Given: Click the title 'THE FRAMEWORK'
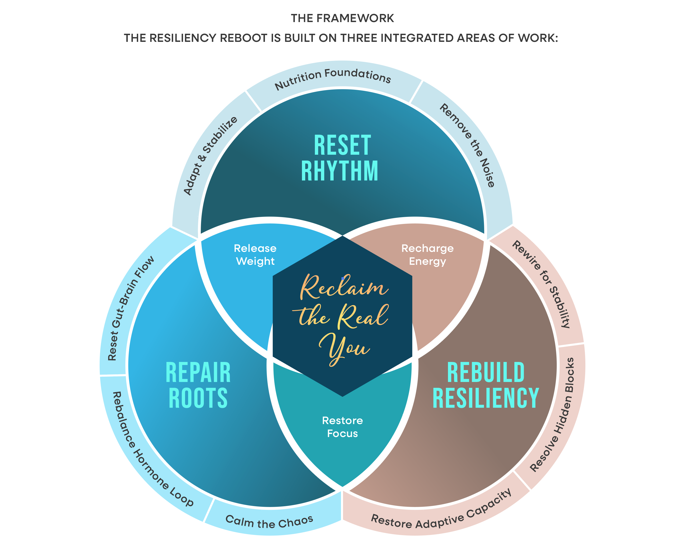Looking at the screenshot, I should tap(342, 18).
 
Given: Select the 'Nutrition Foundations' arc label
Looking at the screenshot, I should tap(333, 78).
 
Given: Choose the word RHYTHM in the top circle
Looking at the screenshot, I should tap(340, 171).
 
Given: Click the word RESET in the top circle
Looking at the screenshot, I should tap(342, 145).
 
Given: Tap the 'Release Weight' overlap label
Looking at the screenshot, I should tap(255, 255).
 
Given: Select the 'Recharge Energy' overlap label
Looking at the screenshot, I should tap(427, 255).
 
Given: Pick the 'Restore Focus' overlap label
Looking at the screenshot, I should tap(342, 427).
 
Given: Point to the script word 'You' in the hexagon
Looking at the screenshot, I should tap(344, 349).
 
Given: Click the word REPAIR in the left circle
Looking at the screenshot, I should tap(198, 373).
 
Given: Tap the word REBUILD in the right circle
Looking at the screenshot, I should tap(485, 373).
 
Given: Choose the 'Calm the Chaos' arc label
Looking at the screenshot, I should tap(269, 521).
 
